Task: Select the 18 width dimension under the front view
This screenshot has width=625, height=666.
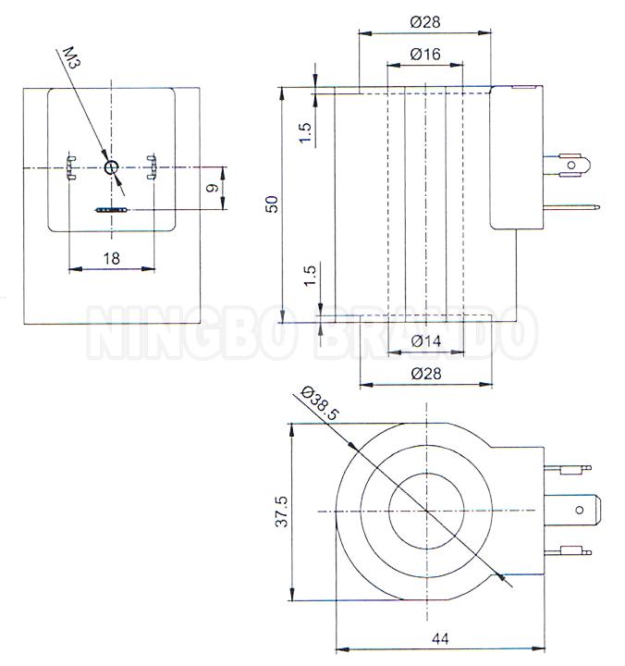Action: click(112, 258)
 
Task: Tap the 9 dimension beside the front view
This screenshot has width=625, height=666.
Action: click(212, 189)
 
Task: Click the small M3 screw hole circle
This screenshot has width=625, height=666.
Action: click(112, 167)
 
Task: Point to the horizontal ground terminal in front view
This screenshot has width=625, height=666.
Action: click(110, 210)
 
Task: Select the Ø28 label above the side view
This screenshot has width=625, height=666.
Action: click(425, 19)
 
